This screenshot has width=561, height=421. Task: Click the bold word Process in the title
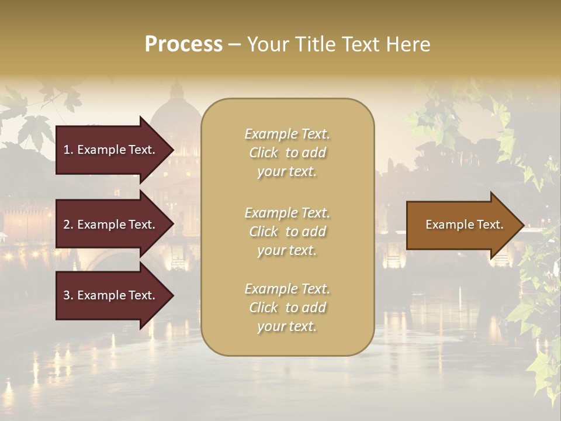[x=183, y=44]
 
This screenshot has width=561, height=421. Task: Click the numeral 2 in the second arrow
[x=67, y=225]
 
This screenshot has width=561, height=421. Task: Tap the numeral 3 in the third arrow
[x=67, y=295]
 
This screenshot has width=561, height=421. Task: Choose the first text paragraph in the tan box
[x=287, y=153]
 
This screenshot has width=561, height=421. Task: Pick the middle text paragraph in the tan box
[x=287, y=232]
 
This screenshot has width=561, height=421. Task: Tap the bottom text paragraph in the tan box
[x=287, y=308]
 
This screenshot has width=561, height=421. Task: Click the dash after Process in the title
[x=234, y=44]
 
